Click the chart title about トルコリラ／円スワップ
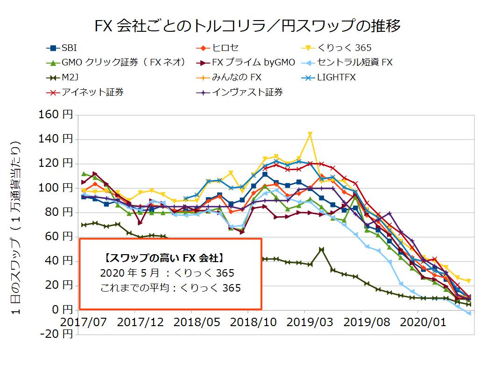[247, 26]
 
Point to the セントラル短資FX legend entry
[355, 62]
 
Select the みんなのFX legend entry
[236, 77]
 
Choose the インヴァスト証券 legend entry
[247, 92]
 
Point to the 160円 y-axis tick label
[59, 115]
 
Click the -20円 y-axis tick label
[59, 334]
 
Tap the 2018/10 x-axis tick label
[248, 322]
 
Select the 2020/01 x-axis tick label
[418, 322]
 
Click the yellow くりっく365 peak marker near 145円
[310, 134]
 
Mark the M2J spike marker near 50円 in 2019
[321, 250]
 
